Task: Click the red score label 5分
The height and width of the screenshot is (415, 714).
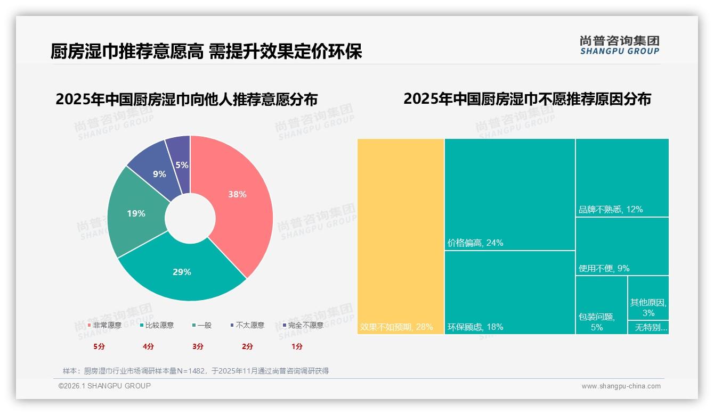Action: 100,346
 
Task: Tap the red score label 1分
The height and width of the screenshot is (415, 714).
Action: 297,346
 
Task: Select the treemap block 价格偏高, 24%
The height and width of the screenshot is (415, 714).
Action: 510,194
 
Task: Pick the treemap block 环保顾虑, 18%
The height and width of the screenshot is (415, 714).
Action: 510,292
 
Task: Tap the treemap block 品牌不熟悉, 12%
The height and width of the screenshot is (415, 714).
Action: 622,177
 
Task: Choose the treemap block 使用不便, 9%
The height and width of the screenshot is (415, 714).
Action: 622,246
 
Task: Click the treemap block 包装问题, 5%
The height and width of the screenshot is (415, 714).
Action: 601,304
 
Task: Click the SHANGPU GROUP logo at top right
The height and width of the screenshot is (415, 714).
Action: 619,45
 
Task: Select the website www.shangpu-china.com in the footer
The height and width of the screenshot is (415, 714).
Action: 621,386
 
